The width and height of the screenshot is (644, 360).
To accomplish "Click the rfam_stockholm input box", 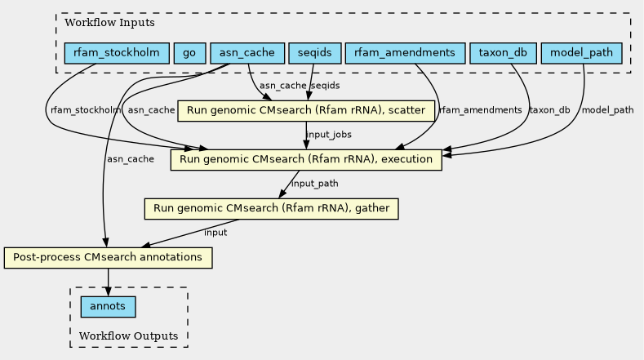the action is pyautogui.click(x=117, y=53).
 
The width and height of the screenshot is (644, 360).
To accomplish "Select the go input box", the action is pyautogui.click(x=189, y=53).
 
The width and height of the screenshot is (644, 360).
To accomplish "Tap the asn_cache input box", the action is pyautogui.click(x=247, y=53).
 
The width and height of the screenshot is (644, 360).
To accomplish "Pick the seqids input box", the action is pyautogui.click(x=314, y=53).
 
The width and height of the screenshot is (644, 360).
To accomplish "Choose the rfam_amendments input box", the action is pyautogui.click(x=405, y=53).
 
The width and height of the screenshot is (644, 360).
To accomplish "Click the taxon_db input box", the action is pyautogui.click(x=503, y=53).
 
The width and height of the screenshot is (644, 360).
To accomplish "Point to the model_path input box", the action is pyautogui.click(x=582, y=53).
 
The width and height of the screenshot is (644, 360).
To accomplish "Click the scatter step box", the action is pyautogui.click(x=306, y=110).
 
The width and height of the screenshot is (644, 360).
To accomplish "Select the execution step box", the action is pyautogui.click(x=306, y=159).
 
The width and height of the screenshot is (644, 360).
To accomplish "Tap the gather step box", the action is pyautogui.click(x=272, y=209).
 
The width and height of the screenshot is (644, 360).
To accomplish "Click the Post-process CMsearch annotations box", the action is pyautogui.click(x=108, y=258).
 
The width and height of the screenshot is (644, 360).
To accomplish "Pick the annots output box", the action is pyautogui.click(x=108, y=307).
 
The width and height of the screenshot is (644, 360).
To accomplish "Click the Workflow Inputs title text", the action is pyautogui.click(x=109, y=23).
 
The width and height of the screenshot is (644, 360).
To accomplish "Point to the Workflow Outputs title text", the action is pyautogui.click(x=128, y=336).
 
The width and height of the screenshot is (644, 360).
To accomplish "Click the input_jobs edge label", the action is pyautogui.click(x=329, y=135).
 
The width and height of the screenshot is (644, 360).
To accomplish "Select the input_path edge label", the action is pyautogui.click(x=314, y=184).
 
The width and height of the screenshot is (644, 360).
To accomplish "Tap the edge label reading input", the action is pyautogui.click(x=215, y=233).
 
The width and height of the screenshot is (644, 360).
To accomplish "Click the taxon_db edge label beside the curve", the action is pyautogui.click(x=549, y=110).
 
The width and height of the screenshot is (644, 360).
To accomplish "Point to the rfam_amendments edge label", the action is pyautogui.click(x=481, y=110).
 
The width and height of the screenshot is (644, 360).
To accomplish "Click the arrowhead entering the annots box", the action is pyautogui.click(x=108, y=291).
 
